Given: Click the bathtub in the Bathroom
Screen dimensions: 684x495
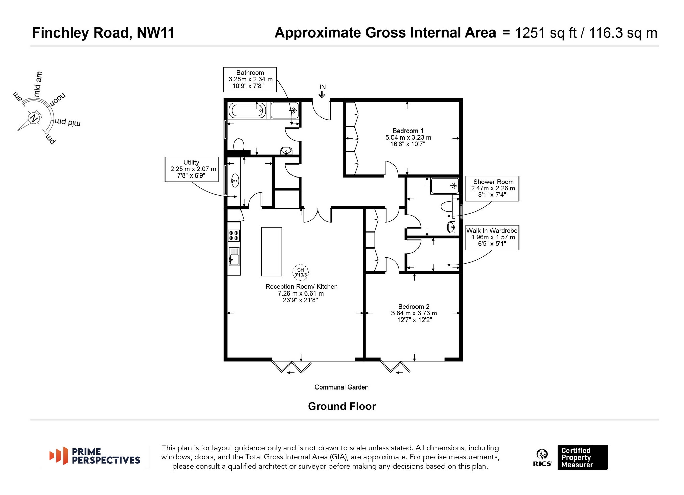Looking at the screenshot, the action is click(248, 111).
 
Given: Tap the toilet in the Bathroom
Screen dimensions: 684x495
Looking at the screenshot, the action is click(239, 144).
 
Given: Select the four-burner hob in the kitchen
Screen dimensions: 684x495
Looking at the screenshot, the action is click(234, 236).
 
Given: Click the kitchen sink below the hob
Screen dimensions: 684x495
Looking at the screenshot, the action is click(234, 257).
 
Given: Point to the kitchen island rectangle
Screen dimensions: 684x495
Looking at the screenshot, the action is click(272, 252).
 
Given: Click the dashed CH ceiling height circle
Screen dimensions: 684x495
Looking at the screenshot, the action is click(300, 273).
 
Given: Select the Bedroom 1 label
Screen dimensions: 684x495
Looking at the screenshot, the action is click(408, 131).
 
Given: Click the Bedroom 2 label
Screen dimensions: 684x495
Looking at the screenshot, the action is click(414, 307).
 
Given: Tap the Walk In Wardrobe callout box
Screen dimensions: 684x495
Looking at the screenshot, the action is click(492, 237).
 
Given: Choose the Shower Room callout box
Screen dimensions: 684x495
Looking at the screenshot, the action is click(492, 189).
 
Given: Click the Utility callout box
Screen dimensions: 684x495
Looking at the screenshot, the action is click(192, 169).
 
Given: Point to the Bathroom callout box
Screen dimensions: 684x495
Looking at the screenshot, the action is click(250, 79).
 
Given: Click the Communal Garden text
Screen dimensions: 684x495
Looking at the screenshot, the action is click(341, 387).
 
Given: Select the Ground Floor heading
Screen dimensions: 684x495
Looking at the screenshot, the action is click(342, 406).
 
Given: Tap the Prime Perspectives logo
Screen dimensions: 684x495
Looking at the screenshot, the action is click(95, 456).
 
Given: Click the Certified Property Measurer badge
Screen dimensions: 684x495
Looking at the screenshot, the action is click(582, 457).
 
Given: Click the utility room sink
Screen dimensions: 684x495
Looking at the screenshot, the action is click(235, 181).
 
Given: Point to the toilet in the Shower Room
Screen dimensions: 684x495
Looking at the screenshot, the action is click(447, 206).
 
